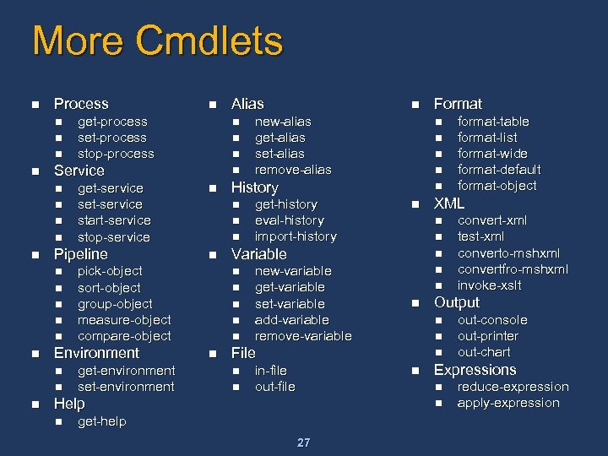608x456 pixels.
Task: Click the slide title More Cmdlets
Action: point(157,41)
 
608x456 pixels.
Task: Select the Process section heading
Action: point(81,104)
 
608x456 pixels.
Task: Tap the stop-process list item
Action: point(116,154)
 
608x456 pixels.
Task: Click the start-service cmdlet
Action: point(114,220)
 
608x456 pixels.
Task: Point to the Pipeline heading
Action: point(81,254)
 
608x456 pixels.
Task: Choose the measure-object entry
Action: point(124,320)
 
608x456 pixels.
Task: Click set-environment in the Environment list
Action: point(126,387)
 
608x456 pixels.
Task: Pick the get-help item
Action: point(101,421)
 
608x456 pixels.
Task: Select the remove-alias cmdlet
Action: point(293,170)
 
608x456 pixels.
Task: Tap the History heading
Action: point(254,187)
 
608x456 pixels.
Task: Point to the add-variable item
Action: point(291,320)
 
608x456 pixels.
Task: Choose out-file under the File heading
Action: point(274,387)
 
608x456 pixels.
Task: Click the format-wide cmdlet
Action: point(492,154)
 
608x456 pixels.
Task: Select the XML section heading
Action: point(449,204)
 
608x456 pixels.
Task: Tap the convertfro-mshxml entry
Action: point(513,269)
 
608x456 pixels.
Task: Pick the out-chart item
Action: point(484,352)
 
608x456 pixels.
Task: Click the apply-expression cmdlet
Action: point(508,403)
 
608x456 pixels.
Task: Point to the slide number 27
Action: point(304,442)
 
